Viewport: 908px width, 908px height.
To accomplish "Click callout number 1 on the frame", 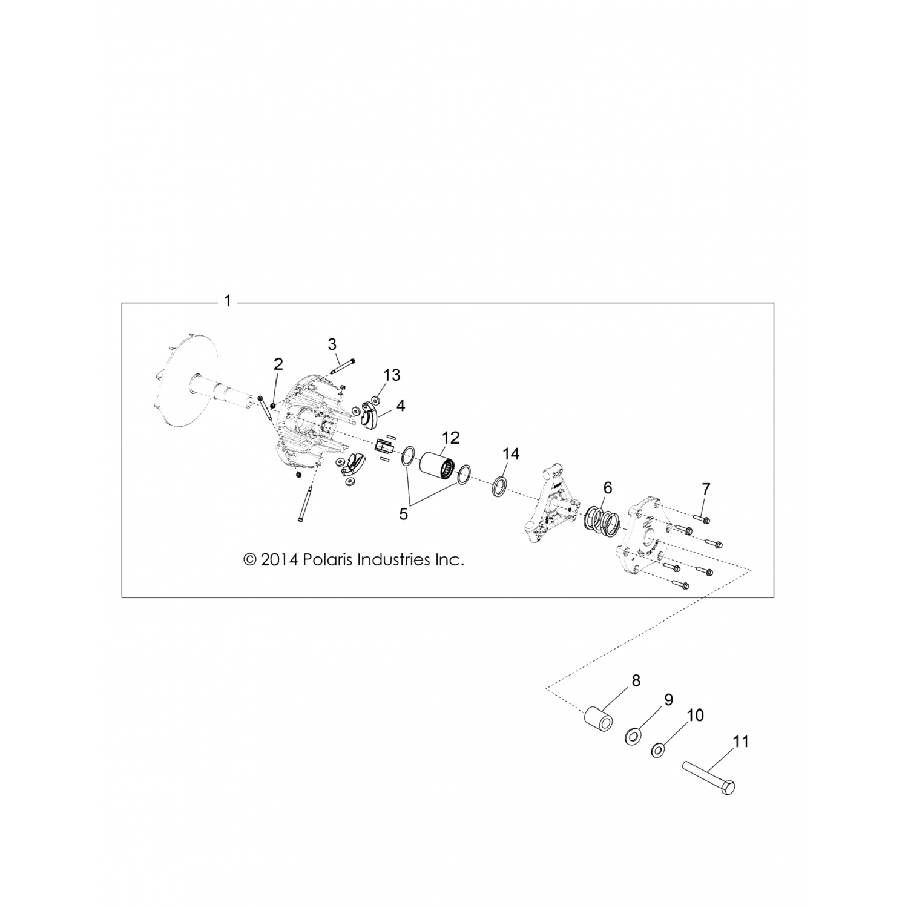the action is coord(228,301).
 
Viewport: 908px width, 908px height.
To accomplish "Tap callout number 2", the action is coord(278,364).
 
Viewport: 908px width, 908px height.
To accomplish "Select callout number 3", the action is coord(332,344).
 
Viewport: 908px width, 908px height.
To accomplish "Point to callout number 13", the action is coord(392,375).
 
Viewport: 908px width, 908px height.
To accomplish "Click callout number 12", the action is coord(451,437).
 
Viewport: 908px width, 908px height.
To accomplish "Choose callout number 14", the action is coord(511,453).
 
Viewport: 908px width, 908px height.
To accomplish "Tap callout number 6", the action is coord(608,487).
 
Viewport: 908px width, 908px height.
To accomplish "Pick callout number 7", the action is coord(706,488).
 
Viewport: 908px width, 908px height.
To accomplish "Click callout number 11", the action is coord(740,741).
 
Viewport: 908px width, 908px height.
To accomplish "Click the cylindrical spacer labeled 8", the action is coord(597,721).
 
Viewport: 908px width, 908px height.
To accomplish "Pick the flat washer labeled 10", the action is coord(656,751).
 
